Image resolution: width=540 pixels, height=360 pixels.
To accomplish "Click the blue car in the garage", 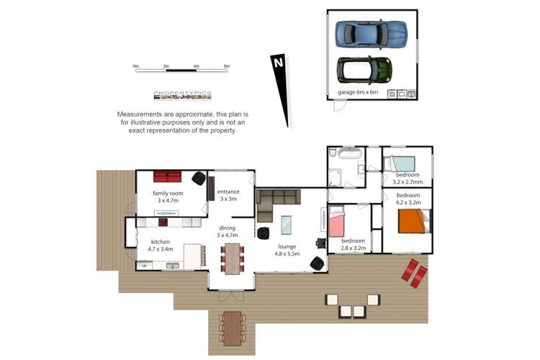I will tap(371, 33).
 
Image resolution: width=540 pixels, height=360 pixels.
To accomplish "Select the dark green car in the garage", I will tap(365, 70).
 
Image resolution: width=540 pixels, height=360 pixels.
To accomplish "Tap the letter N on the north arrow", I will tap(277, 63).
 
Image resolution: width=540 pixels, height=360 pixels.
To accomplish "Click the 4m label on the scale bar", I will tap(196, 66).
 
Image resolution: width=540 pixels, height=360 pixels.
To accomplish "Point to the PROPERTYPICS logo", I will tap(182, 95).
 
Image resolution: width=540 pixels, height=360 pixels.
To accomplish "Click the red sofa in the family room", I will tap(167, 177).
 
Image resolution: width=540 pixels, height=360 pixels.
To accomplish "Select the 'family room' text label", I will tap(167, 194).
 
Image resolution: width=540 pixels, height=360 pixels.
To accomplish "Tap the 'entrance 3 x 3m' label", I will tap(228, 195).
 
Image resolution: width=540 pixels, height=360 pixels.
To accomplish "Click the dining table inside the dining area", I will tap(232, 258).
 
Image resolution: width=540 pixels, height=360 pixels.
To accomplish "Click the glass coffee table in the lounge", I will tap(286, 225).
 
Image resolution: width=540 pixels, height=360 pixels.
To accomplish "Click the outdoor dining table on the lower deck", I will tap(232, 328).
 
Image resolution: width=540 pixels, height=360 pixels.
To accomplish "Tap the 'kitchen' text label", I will tap(160, 242).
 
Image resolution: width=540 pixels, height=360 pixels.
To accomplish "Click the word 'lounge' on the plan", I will tap(286, 246).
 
